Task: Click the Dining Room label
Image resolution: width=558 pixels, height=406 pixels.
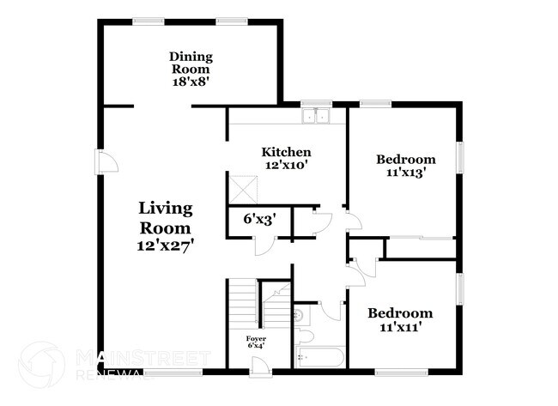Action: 191,63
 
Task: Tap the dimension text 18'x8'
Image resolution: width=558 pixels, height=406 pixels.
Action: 191,82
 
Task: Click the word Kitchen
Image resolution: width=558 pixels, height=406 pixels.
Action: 286,152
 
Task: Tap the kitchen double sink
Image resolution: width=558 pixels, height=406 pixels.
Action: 317,116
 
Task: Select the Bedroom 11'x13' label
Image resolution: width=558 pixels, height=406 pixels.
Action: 406,165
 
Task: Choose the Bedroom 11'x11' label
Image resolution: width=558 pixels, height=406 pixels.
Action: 400,320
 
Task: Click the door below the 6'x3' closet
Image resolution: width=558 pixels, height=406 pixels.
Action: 268,243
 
